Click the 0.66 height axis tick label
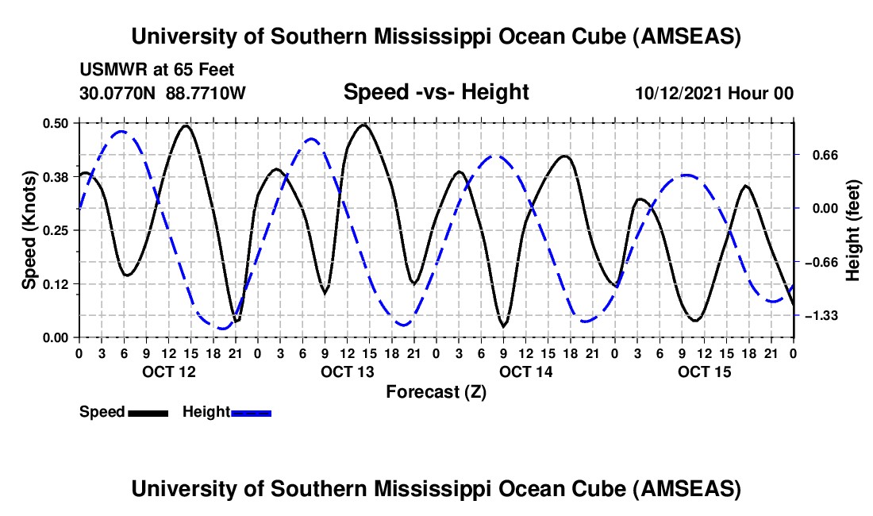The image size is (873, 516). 821,155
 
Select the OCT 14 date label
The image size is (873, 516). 525,372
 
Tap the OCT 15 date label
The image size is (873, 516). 704,372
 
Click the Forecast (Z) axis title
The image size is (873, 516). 435,391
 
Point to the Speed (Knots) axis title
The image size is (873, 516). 29,230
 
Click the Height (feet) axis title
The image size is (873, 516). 854,230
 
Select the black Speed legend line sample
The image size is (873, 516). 148,412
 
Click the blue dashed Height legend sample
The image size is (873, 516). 251,412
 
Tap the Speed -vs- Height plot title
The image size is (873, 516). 436,92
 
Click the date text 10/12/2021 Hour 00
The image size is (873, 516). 714,94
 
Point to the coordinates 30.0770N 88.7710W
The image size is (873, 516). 163,93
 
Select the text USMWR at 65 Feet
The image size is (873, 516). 157,70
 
